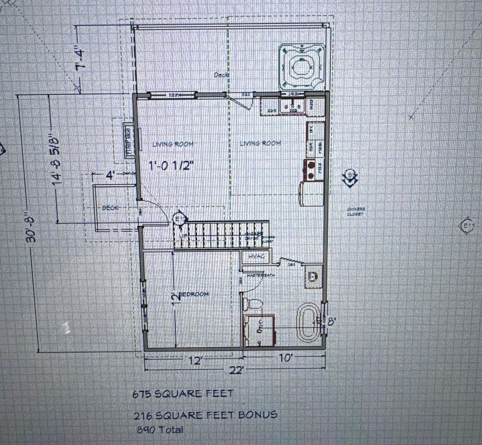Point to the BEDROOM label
coord(194,294)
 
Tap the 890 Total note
coord(160,430)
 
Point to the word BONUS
coord(258,414)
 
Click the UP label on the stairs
coord(183,236)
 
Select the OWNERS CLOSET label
coord(356,211)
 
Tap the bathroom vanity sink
coord(313,276)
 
